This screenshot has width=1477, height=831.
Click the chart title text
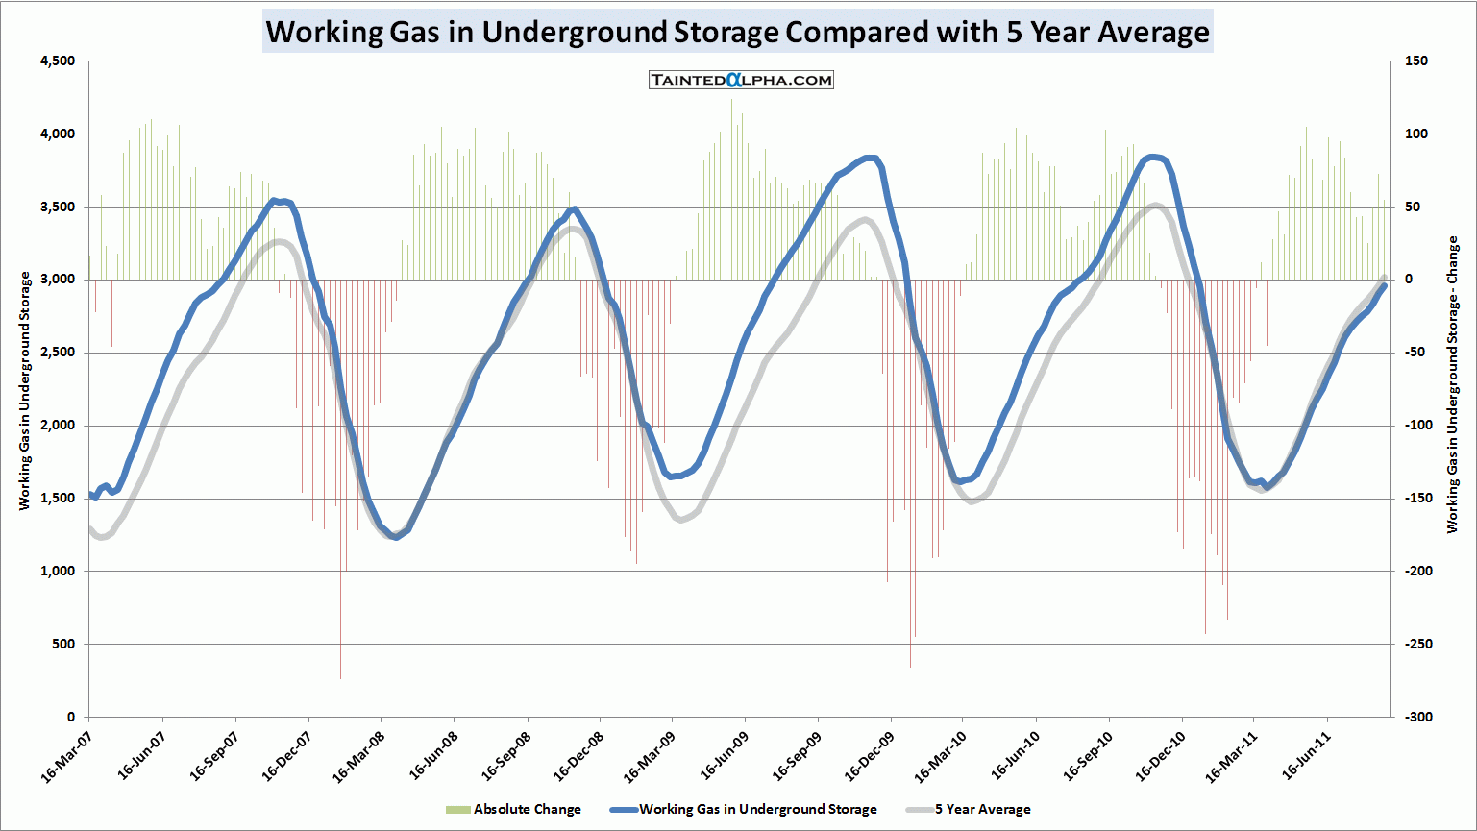point(737,32)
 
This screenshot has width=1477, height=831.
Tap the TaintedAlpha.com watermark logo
point(741,80)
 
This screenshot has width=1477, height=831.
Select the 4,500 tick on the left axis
point(58,61)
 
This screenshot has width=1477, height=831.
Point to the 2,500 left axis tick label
point(58,353)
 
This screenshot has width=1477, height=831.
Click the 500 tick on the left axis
point(63,645)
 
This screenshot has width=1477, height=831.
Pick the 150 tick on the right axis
point(1415,61)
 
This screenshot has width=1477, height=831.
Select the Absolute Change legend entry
point(514,809)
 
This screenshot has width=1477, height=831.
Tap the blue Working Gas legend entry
point(745,809)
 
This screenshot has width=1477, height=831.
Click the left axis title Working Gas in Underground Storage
point(25,390)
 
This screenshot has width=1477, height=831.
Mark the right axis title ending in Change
point(1452,384)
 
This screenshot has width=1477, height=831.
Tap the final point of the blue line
point(1385,285)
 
